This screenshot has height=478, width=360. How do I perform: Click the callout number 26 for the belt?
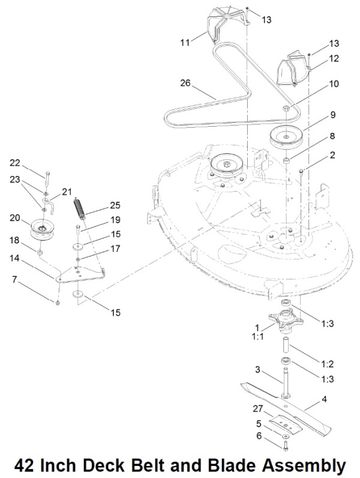185,83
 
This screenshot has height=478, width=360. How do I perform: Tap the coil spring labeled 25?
79,208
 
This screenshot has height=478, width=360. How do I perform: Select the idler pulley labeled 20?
43,229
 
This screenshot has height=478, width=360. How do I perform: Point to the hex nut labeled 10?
286,108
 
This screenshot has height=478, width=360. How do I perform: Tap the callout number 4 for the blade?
325,399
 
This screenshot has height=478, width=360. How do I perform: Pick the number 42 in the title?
24,465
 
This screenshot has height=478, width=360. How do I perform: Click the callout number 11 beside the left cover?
185,43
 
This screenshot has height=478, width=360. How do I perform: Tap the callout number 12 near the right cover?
334,58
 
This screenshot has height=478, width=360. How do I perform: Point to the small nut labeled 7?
58,303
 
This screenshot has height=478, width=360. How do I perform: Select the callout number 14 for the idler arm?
14,258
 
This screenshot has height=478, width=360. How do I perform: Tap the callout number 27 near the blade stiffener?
257,408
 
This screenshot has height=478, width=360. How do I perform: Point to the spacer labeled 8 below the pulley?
286,160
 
